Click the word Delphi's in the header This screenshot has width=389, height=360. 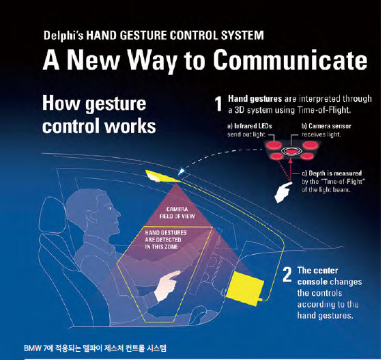click(x=63, y=36)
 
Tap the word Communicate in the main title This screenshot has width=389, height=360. click(x=290, y=60)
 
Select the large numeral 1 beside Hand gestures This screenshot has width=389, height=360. click(x=218, y=104)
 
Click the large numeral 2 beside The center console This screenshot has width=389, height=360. click(x=287, y=275)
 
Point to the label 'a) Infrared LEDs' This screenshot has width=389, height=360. click(x=250, y=126)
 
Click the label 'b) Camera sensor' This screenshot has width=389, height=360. click(x=326, y=126)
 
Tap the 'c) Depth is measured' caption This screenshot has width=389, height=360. click(x=332, y=174)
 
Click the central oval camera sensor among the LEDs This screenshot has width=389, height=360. click(x=291, y=151)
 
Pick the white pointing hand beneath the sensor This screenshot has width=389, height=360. click(x=283, y=193)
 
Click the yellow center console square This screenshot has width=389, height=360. click(x=244, y=288)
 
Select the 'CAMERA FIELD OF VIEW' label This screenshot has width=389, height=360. click(x=177, y=212)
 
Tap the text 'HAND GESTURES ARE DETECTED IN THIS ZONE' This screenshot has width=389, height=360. click(x=166, y=240)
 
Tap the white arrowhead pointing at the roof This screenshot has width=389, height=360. click(x=182, y=171)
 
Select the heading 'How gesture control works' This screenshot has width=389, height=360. click(x=99, y=115)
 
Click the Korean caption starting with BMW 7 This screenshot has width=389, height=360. click(x=96, y=348)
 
